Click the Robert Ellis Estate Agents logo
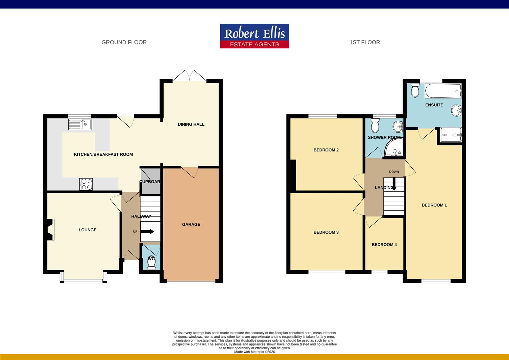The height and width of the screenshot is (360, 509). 254,36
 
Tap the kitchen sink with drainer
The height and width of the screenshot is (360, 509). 80,124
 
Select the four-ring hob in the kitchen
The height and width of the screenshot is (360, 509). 86,184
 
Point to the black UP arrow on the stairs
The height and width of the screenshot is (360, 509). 147,232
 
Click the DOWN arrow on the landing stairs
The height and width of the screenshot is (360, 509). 394,184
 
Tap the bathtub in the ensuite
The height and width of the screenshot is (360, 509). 443,91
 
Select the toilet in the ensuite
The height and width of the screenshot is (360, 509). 415,90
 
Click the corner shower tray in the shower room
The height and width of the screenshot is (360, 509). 393,147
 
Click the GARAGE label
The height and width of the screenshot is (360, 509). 191,224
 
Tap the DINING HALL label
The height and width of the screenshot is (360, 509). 191,124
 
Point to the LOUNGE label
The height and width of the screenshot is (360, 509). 88,230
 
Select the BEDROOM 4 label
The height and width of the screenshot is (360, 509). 384,245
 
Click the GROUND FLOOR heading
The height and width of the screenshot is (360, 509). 124,42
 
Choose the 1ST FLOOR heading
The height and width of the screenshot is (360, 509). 365,42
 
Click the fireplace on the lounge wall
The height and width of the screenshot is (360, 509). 50,229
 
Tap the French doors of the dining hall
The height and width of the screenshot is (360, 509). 190,76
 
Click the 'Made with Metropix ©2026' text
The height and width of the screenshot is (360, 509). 254,352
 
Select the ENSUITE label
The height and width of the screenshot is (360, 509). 434,105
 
